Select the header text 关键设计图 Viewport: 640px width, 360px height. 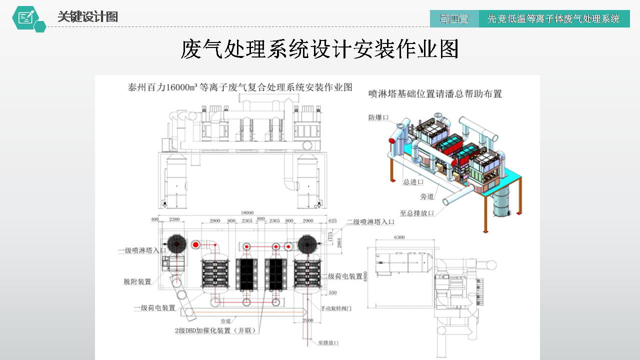[87, 17]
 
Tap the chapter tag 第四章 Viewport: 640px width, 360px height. [454, 19]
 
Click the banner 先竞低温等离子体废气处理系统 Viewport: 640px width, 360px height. [553, 19]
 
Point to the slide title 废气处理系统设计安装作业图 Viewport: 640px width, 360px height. [319, 50]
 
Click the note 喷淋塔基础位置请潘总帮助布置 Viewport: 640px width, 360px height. [435, 93]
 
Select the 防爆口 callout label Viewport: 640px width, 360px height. [378, 117]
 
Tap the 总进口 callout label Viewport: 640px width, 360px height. [413, 182]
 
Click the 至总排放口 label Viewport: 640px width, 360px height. [416, 213]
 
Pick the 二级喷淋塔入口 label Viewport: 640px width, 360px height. [370, 221]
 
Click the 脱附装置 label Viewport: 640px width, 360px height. [137, 281]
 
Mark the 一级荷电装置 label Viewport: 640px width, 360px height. [154, 308]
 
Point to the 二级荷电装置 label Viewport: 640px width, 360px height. [342, 276]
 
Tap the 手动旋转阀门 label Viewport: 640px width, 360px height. [336, 308]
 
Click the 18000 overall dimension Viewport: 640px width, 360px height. [247, 212]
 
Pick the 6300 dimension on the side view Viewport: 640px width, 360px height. [399, 237]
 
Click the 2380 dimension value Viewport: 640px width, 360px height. [174, 220]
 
